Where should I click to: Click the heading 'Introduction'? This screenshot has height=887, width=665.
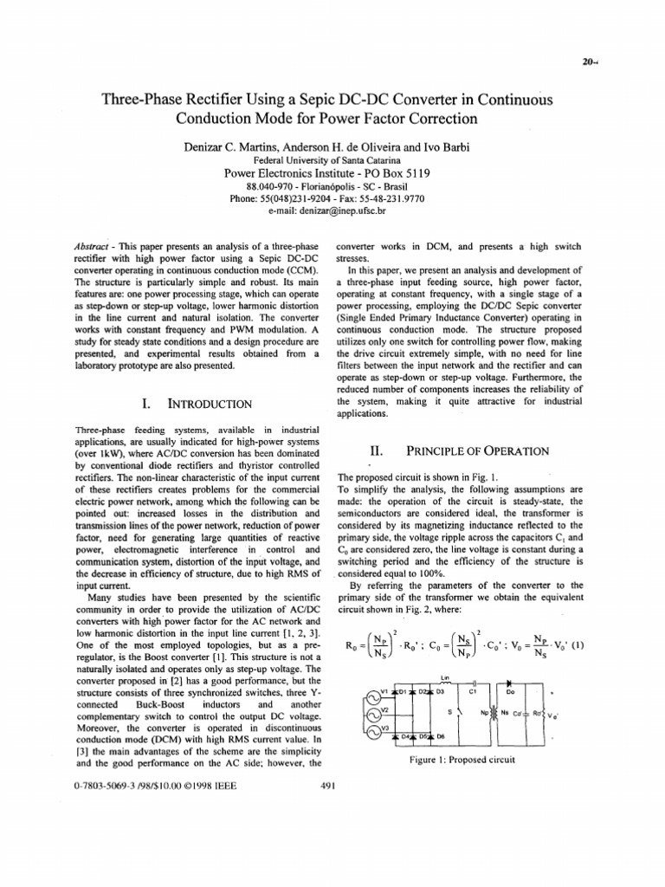[x=208, y=404]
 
